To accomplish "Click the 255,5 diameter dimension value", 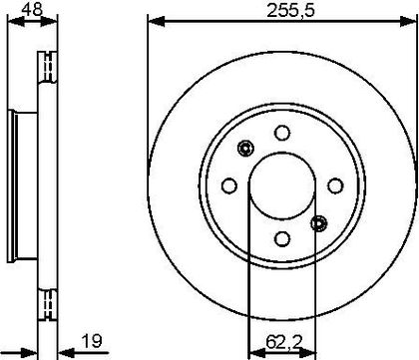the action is point(290,11).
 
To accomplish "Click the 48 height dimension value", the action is point(32,9).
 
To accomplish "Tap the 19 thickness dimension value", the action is point(92,341).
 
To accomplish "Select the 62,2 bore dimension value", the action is point(284,342).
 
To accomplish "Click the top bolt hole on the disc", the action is point(282,133).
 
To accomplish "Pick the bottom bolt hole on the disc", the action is point(282,238).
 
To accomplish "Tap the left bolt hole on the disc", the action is point(229,185).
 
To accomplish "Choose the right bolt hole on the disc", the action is point(335,185).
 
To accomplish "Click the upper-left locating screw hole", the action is point(245,148).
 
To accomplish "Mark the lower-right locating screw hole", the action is point(319,223).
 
